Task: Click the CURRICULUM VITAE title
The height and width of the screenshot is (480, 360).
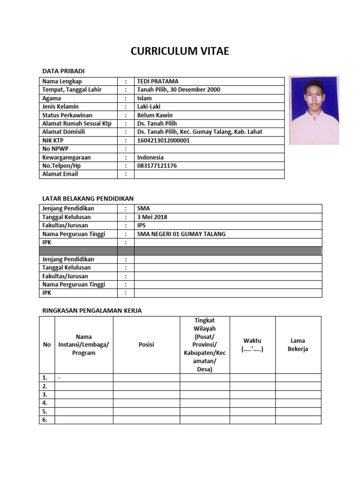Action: pos(180,52)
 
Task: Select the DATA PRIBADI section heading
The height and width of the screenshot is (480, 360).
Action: pos(63,71)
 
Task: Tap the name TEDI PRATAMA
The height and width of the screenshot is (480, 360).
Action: pos(157,81)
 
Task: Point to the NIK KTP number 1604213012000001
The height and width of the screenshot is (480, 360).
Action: pos(163,140)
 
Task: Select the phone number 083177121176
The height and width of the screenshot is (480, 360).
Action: pos(157,165)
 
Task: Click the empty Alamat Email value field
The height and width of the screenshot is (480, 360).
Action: pos(209,174)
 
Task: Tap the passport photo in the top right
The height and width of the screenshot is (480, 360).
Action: pos(314,110)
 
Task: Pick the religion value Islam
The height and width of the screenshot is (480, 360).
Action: pos(144,98)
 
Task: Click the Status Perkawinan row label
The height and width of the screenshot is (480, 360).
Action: pos(67,115)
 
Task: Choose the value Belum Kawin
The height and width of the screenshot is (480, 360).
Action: pos(155,115)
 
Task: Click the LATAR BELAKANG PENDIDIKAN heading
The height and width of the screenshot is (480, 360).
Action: pos(88,199)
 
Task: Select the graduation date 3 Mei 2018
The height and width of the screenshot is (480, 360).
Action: pos(152,217)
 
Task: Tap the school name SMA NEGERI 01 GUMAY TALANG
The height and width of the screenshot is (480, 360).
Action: pos(181,234)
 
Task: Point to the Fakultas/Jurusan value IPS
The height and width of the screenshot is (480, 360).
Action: pos(142,225)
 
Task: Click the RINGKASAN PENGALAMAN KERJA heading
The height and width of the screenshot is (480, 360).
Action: pos(92,310)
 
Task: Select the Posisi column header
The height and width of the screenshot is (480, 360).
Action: pos(146,345)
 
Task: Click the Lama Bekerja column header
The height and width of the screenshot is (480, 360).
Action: pos(298,345)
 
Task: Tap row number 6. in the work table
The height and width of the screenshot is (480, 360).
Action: pos(45,420)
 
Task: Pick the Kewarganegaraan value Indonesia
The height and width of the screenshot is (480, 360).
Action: pos(150,157)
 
